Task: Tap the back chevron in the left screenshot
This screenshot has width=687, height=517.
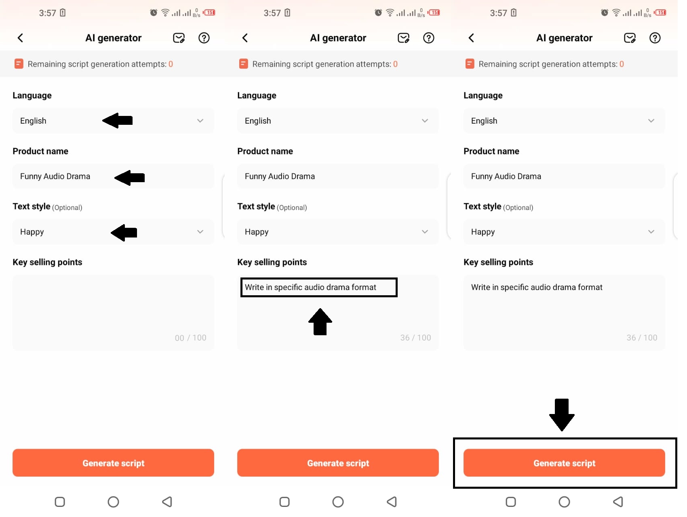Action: pos(20,38)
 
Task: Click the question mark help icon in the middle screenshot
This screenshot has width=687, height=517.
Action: pos(428,38)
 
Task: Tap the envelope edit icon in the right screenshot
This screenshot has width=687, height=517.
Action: pos(630,38)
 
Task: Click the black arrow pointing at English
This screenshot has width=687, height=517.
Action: pos(117,120)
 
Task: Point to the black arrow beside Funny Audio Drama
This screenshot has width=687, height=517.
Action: pos(129,177)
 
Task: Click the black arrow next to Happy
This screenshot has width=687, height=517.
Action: pos(124,233)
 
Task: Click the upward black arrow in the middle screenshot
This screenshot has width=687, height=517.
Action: pos(320,322)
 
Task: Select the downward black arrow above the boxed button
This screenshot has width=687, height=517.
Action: pos(562,415)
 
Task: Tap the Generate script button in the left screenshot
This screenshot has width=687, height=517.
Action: pos(113,463)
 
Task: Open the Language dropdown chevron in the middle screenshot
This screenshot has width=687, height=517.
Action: pos(425,121)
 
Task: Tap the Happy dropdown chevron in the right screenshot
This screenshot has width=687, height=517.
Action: pos(651,232)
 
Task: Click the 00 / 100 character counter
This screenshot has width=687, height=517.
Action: pos(190,338)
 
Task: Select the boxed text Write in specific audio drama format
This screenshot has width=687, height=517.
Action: pos(310,287)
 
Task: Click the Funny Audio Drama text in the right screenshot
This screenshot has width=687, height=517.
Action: pos(506,176)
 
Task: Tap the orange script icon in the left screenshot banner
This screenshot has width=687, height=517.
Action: pos(19,64)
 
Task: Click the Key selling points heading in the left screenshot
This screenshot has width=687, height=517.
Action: pos(47,262)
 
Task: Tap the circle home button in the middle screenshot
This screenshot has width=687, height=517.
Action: pos(338,502)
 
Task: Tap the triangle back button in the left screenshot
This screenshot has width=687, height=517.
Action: pos(167,502)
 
